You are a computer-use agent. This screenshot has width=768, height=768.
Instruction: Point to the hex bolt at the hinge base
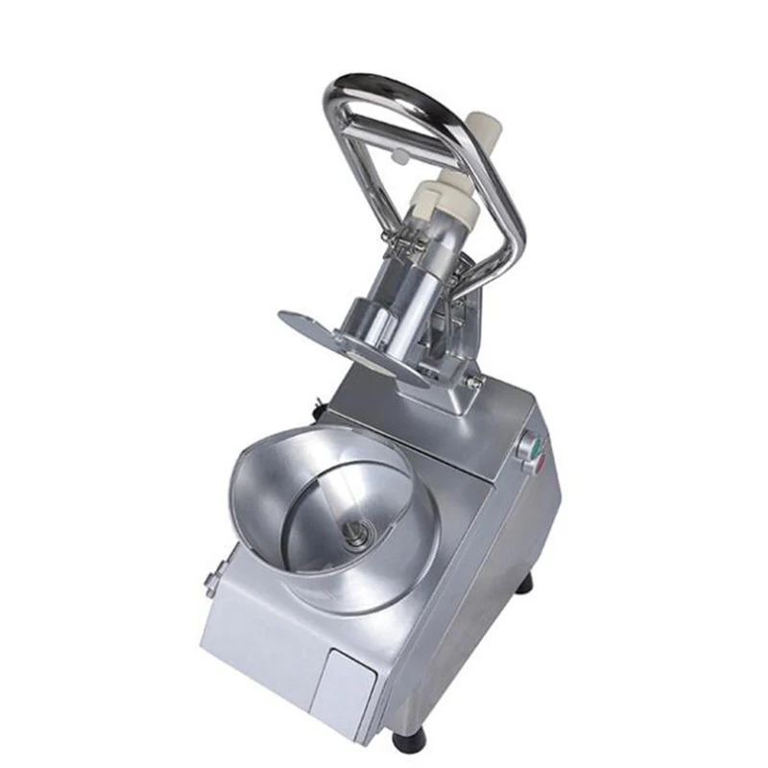pos(472,381)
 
